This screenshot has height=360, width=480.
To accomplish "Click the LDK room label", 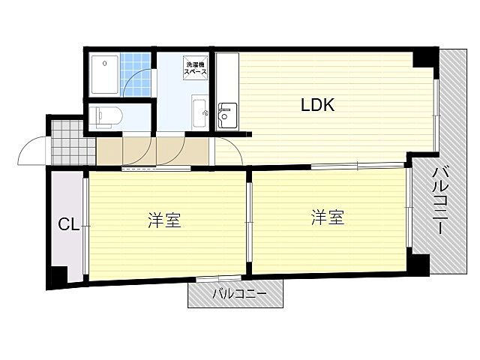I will (x=317, y=106).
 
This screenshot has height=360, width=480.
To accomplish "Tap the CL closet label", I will (x=68, y=223).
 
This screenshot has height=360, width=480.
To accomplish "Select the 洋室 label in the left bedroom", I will (x=163, y=220).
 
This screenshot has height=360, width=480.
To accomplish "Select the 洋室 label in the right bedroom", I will (x=328, y=217).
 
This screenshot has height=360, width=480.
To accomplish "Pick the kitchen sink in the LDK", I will (x=226, y=115).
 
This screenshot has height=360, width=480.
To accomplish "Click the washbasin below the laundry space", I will (x=200, y=115).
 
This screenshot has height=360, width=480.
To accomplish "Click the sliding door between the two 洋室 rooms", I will (x=249, y=223).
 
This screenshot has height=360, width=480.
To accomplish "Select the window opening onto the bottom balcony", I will (x=213, y=279).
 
